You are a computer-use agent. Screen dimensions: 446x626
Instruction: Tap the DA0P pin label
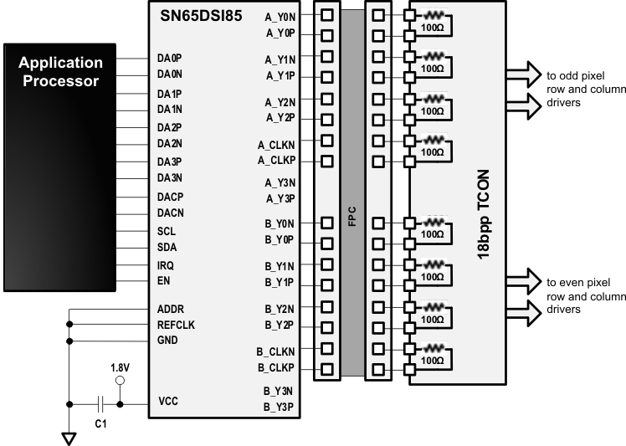tap(169, 59)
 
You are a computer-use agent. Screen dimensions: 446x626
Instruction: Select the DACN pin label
tap(170, 213)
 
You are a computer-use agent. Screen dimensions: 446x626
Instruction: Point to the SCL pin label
tap(166, 230)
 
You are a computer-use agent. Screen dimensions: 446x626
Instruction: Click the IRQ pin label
tap(166, 264)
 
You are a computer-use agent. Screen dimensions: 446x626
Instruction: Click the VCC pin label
tap(167, 402)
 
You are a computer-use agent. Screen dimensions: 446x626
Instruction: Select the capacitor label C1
tap(100, 423)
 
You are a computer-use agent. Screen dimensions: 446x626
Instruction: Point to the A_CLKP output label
tap(275, 160)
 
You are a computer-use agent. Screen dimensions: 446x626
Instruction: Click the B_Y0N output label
tap(280, 223)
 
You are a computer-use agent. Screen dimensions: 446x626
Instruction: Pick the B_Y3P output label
tap(280, 408)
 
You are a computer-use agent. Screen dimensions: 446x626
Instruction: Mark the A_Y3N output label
tap(280, 182)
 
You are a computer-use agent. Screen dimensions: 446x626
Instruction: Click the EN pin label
tap(164, 281)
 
